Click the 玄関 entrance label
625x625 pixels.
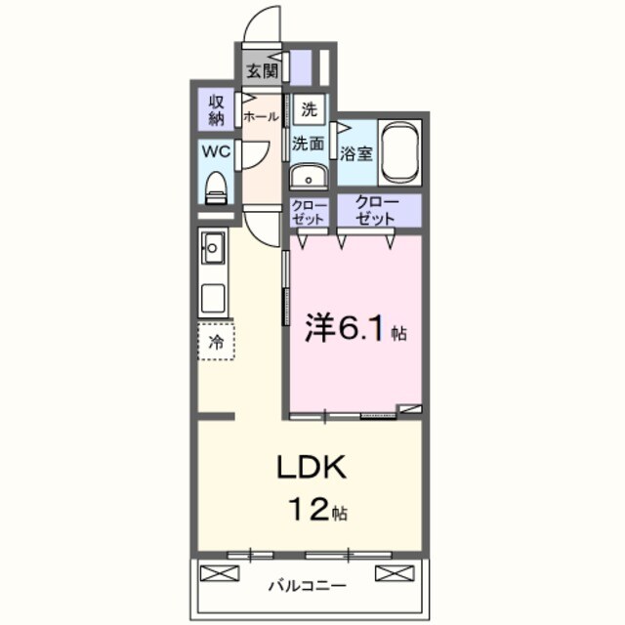click(261, 70)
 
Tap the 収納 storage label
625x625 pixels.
click(216, 108)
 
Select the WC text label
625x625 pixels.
click(216, 151)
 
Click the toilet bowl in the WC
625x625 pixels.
click(217, 187)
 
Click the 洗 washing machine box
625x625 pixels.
click(309, 109)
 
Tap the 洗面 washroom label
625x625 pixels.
click(309, 143)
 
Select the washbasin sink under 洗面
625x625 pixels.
click(310, 178)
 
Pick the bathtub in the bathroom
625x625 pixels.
click(399, 152)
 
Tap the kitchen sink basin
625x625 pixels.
click(213, 248)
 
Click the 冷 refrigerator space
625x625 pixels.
click(217, 342)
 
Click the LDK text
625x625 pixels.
click(312, 468)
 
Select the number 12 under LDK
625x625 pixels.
click(305, 509)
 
